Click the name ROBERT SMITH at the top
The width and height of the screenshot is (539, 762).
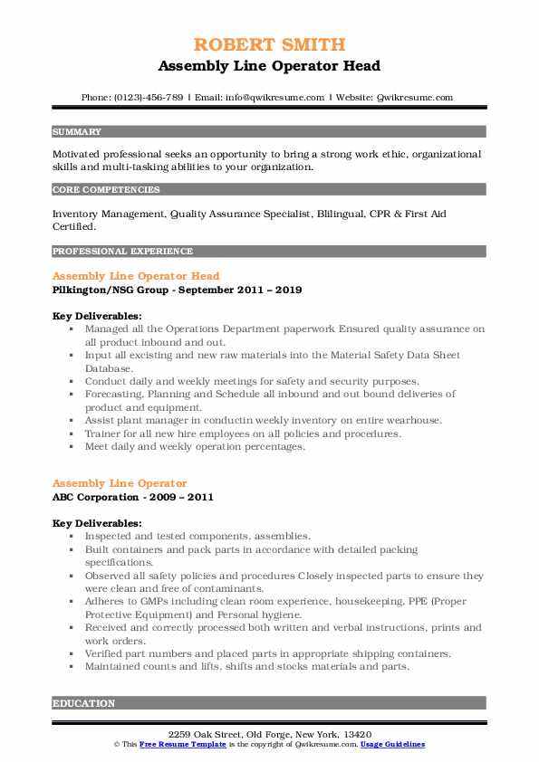click(269, 46)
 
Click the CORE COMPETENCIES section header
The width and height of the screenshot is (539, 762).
click(106, 190)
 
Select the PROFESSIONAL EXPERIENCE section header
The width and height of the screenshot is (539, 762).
click(122, 251)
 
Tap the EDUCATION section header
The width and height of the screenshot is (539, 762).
click(83, 703)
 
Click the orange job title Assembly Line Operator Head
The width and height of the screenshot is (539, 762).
click(136, 276)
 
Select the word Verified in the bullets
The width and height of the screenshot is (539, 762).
click(108, 653)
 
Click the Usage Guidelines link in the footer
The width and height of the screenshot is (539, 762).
click(392, 743)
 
